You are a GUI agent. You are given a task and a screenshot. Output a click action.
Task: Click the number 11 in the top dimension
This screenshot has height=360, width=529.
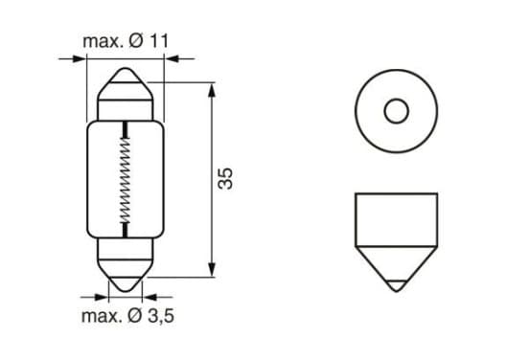click(x=159, y=41)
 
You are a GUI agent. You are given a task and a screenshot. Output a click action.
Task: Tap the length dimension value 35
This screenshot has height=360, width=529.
click(x=225, y=179)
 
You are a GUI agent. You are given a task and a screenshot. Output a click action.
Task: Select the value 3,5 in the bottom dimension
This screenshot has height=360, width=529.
click(x=161, y=316)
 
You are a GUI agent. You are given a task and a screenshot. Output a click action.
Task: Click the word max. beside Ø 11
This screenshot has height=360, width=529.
click(x=103, y=41)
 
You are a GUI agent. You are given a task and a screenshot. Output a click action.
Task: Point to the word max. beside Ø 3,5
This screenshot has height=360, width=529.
click(x=102, y=316)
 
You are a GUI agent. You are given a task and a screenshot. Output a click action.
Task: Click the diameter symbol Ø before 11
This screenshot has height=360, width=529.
click(x=136, y=41)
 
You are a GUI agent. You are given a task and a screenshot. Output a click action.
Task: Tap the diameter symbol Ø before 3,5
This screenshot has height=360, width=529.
click(x=135, y=316)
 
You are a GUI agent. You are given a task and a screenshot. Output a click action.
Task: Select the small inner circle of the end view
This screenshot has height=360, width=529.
click(x=397, y=111)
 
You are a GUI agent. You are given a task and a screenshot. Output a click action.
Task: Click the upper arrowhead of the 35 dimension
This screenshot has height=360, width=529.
click(x=212, y=91)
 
